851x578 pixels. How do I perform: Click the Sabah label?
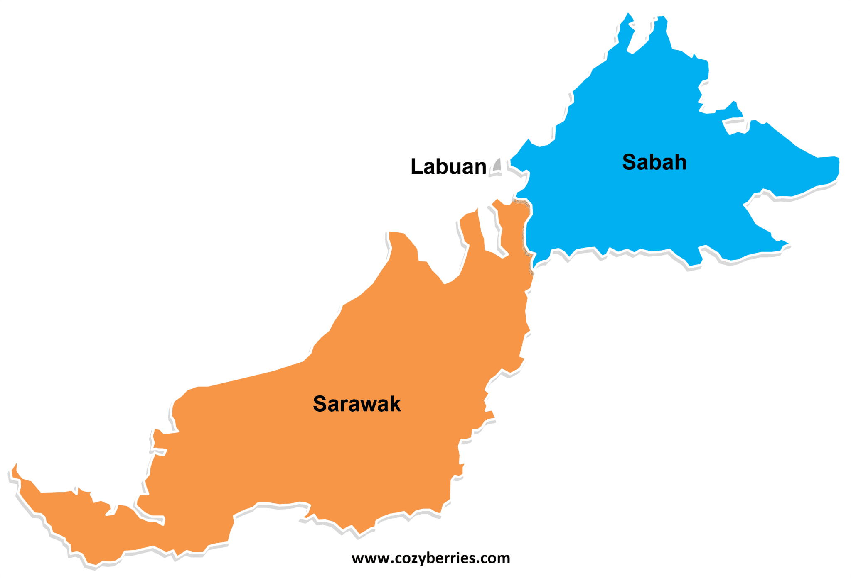pos(654,162)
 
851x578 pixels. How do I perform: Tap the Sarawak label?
pos(357,404)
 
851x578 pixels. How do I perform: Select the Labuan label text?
pos(448,166)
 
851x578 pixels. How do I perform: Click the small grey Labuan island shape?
pos(497,166)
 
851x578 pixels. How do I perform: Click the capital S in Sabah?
pos(630,162)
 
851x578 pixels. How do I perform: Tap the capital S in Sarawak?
pos(321,404)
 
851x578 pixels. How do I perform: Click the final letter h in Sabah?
pos(680,162)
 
